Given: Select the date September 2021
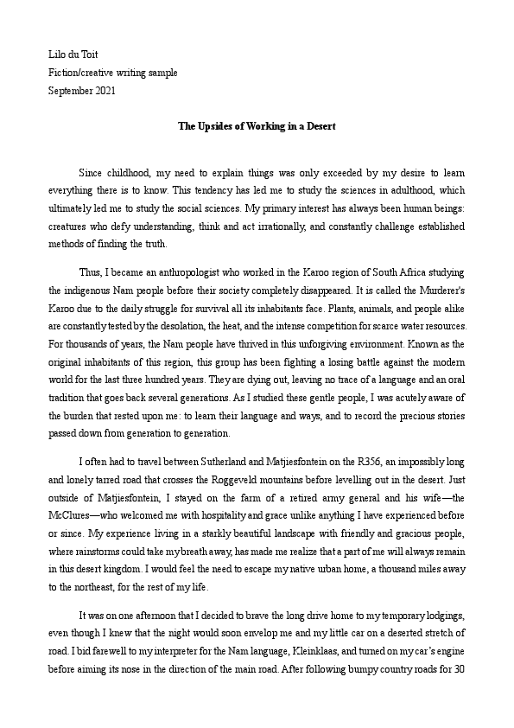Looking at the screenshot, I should pyautogui.click(x=81, y=90).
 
